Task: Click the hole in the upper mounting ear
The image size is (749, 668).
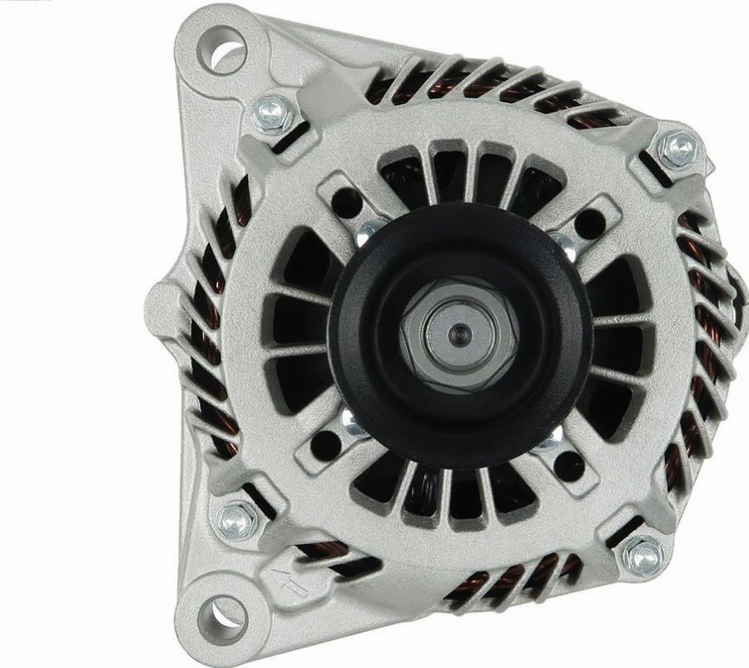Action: point(222,49)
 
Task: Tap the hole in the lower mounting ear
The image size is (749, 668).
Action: point(221,617)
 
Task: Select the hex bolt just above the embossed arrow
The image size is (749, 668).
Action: point(236,521)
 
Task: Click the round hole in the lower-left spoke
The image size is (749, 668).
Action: point(326,445)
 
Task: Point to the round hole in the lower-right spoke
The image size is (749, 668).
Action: point(568,466)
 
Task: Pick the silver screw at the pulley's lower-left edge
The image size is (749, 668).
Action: point(355,426)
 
